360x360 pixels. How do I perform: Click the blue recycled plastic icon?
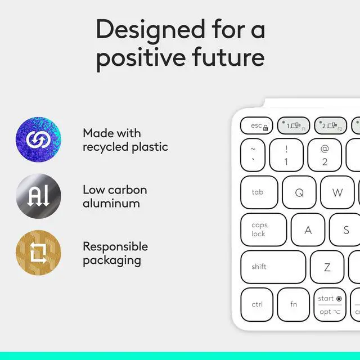[38, 140]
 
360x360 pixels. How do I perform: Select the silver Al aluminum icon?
[38, 196]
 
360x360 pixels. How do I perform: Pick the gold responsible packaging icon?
[38, 253]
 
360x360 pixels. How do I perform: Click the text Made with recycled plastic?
[125, 140]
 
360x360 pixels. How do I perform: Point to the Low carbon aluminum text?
[115, 196]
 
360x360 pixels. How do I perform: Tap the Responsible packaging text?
[115, 253]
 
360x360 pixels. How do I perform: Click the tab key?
[260, 192]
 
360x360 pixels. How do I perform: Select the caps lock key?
[263, 229]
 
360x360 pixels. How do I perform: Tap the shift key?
[273, 267]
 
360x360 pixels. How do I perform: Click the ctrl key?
[257, 304]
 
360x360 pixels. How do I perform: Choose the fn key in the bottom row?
[294, 304]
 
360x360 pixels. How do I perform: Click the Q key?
[299, 192]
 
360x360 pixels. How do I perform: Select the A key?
[308, 229]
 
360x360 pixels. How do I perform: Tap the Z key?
[327, 267]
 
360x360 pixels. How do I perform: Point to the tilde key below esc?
[253, 155]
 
